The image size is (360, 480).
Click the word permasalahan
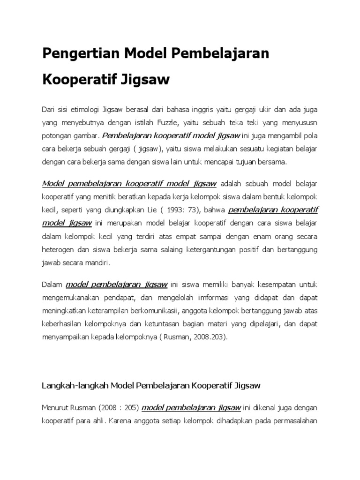(295, 420)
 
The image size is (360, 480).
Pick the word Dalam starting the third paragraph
(52, 284)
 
